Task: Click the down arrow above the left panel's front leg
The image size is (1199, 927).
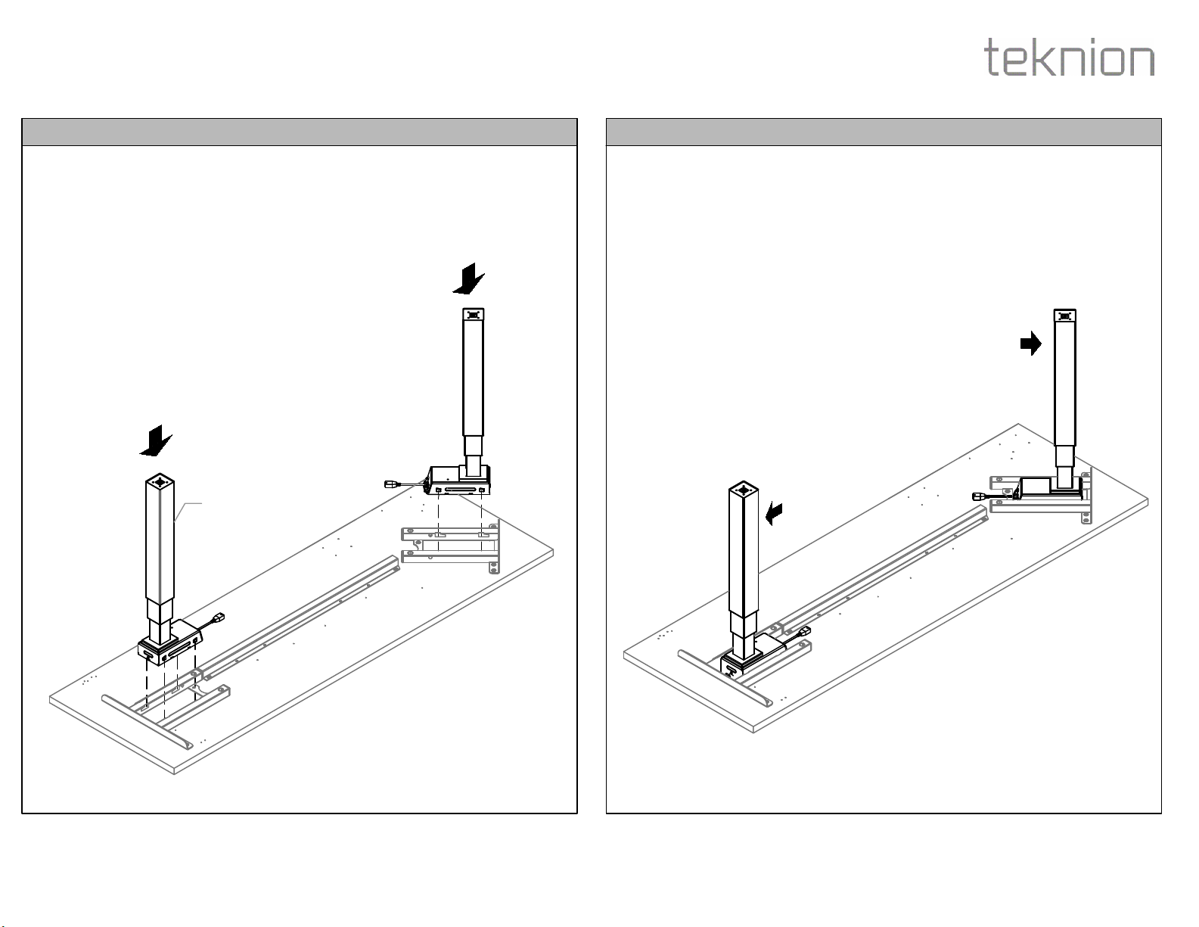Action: click(x=156, y=440)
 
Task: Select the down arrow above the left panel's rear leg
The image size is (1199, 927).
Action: click(x=469, y=278)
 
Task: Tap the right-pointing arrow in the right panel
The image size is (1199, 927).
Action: click(x=1031, y=344)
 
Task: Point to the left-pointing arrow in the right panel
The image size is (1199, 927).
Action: click(x=774, y=514)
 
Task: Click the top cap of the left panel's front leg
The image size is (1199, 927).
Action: click(x=160, y=481)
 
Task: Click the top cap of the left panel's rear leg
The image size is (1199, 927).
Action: click(x=474, y=315)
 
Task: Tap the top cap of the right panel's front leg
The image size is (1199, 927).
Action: click(x=744, y=489)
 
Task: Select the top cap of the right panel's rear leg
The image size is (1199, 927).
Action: click(x=1065, y=316)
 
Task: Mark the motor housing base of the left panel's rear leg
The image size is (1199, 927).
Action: click(x=458, y=480)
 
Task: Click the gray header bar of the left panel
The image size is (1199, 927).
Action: click(x=300, y=132)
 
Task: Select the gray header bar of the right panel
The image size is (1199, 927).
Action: click(x=884, y=132)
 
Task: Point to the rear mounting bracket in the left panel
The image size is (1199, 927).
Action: click(x=450, y=546)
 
